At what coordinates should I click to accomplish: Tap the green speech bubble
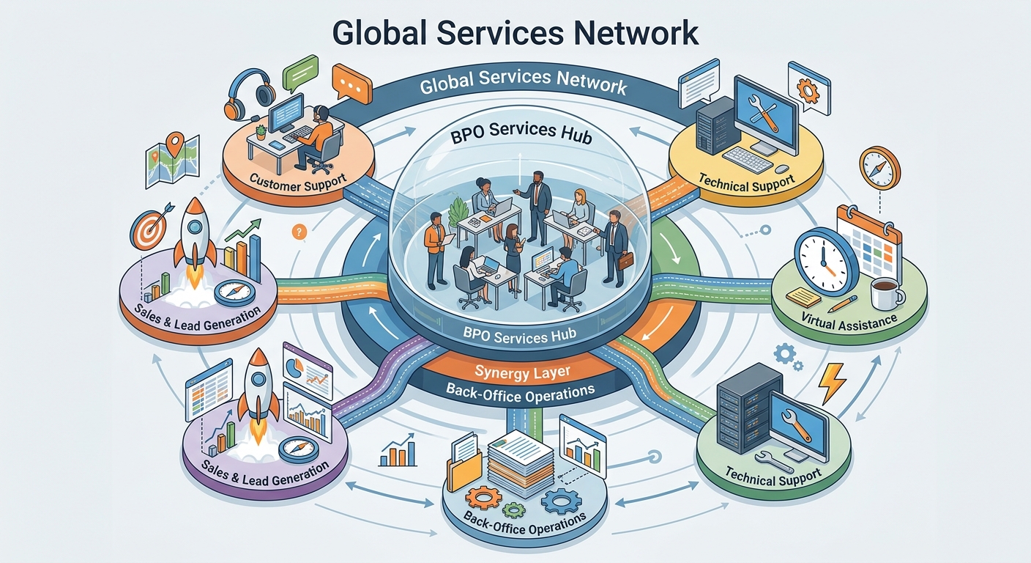[300, 73]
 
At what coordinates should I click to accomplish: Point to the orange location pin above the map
[175, 144]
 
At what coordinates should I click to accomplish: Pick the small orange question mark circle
[299, 232]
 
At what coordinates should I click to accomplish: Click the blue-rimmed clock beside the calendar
[825, 261]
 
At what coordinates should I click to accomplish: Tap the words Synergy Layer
[522, 372]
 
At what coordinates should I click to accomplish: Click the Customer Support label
[297, 183]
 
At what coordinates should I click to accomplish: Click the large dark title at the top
[515, 33]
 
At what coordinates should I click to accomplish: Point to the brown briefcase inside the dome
[625, 261]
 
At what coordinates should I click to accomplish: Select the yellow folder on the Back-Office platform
[464, 470]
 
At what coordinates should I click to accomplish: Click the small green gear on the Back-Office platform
[513, 509]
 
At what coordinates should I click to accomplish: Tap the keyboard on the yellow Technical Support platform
[748, 159]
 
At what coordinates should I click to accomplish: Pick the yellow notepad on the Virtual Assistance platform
[803, 297]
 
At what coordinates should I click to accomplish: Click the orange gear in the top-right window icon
[808, 90]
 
